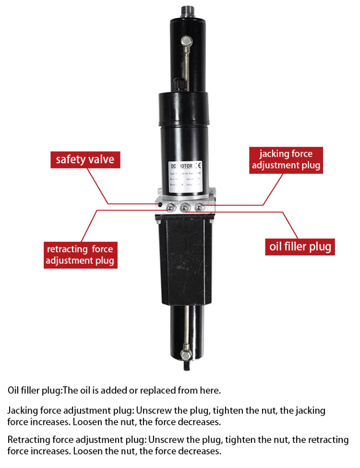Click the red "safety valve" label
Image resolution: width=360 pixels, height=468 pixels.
point(85,160)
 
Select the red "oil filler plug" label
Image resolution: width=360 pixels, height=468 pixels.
point(300,247)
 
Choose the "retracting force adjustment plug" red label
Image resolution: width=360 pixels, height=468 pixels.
point(80,255)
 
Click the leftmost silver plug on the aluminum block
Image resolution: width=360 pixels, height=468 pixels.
point(170,208)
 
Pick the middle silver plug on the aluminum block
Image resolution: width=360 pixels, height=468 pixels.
point(185,208)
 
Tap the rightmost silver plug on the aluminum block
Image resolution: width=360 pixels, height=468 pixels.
point(199,207)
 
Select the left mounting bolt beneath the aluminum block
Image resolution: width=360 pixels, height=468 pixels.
point(157,221)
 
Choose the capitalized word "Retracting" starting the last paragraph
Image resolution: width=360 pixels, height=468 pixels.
point(27,440)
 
